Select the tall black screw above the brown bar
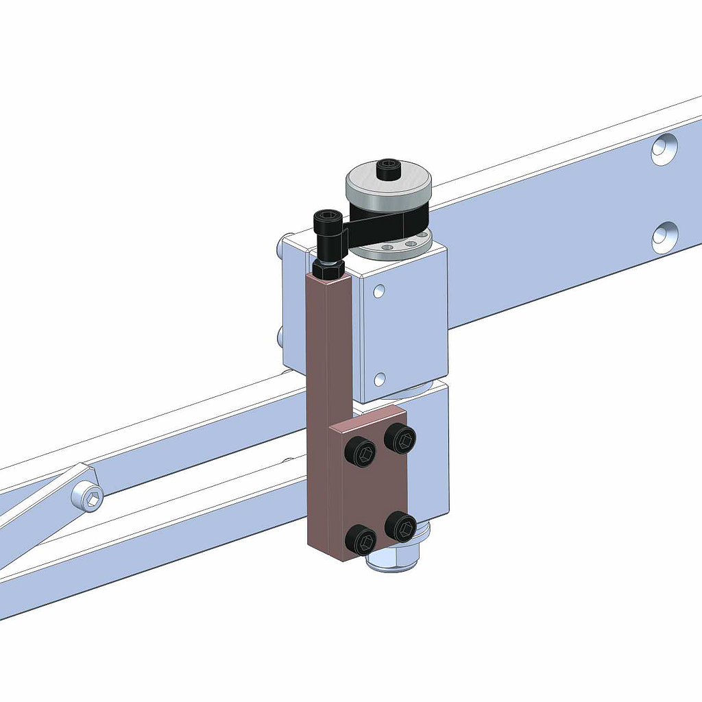click(x=327, y=233)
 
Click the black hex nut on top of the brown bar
click(x=328, y=267)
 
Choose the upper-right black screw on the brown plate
click(x=400, y=437)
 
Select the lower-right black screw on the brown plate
click(x=401, y=526)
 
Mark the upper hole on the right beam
click(x=664, y=148)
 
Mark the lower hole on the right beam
click(x=664, y=237)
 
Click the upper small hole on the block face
click(x=378, y=291)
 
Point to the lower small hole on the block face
click(x=379, y=378)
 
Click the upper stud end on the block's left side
click(x=282, y=245)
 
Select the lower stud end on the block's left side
click(x=280, y=336)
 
